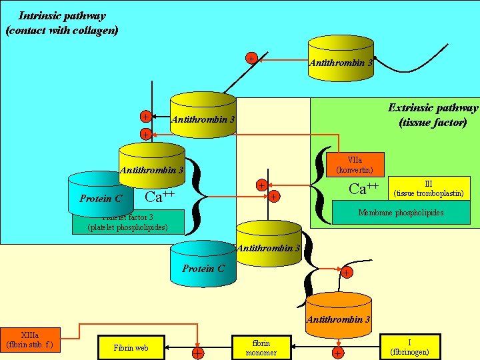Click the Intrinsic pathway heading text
[61, 23]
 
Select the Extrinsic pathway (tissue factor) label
[433, 115]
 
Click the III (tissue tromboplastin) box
[429, 189]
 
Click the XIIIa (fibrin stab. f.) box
[29, 340]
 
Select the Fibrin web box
[131, 347]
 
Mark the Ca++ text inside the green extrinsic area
[364, 189]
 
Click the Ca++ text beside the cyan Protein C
[159, 197]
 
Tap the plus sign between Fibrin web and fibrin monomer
[198, 353]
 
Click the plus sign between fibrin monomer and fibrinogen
[339, 353]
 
